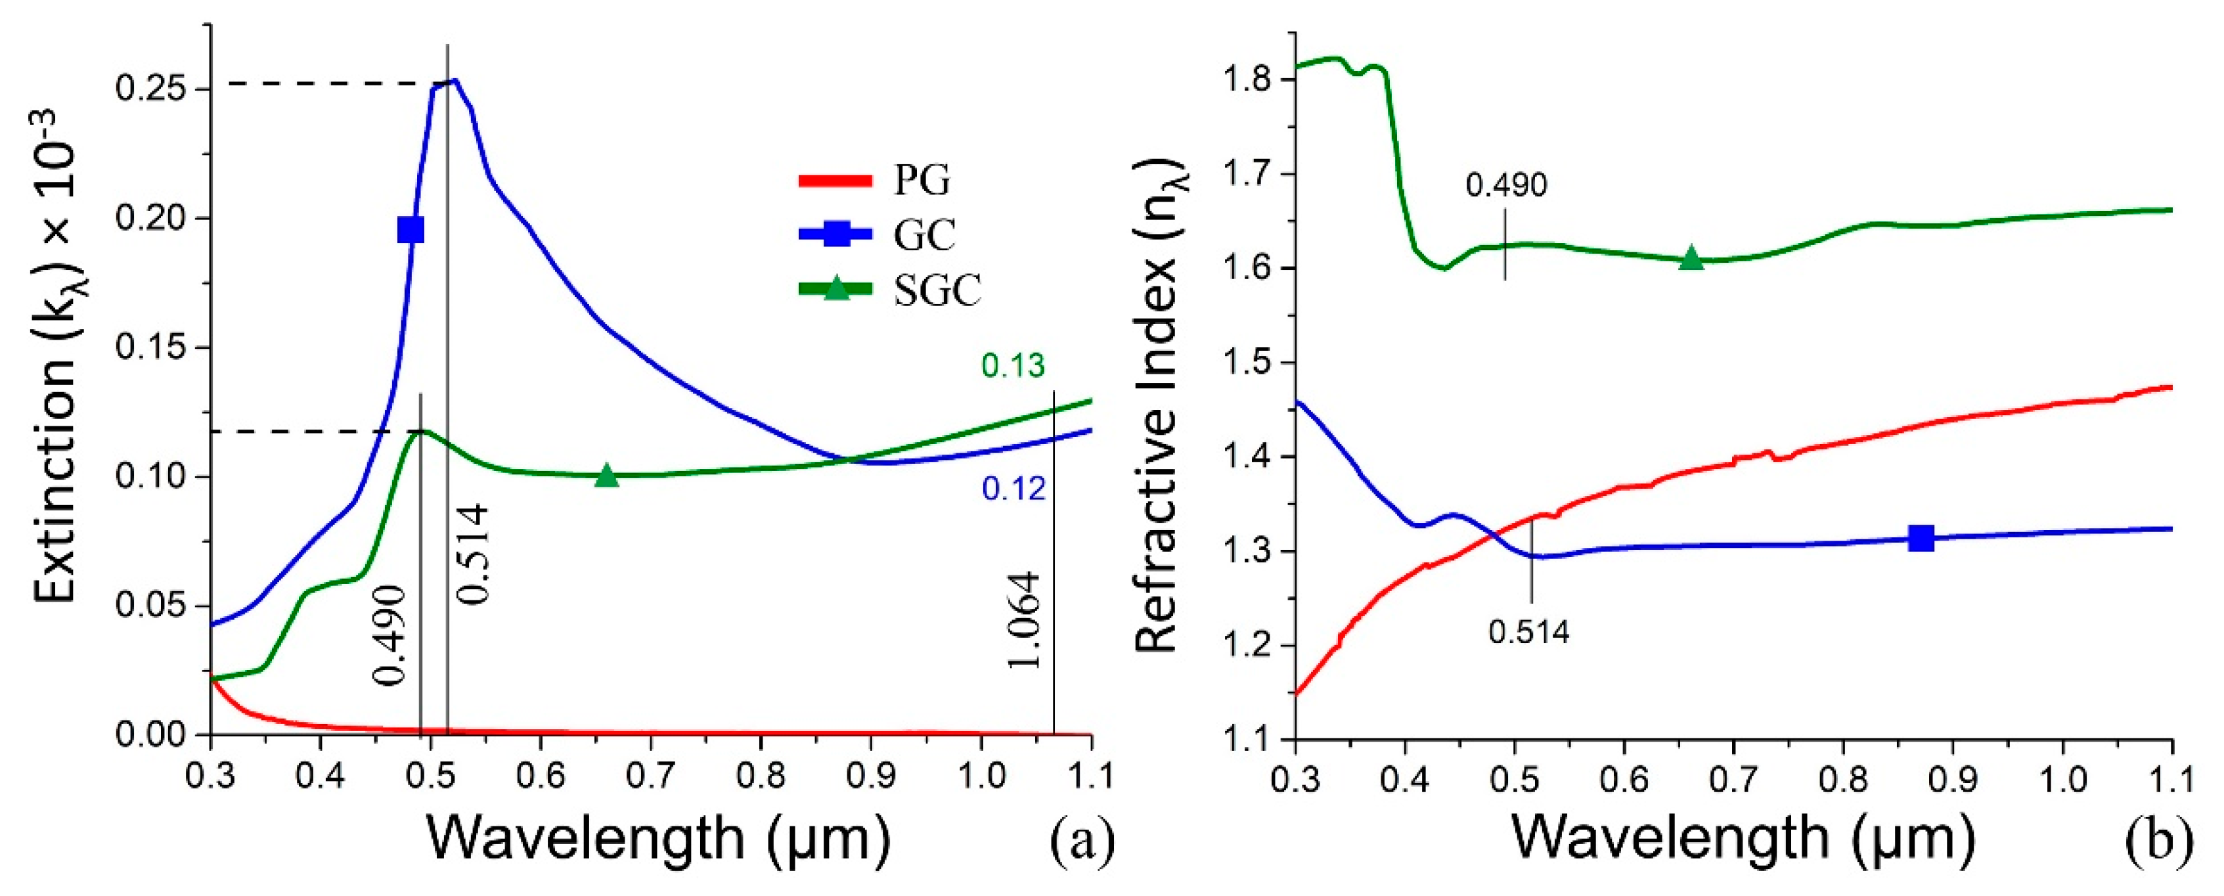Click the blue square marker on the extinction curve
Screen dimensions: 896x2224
(x=411, y=231)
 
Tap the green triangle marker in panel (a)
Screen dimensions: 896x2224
(x=607, y=476)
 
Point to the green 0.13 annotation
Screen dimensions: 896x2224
(x=1013, y=366)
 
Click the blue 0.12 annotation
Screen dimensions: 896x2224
(x=1013, y=489)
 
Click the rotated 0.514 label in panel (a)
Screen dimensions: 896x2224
(x=472, y=554)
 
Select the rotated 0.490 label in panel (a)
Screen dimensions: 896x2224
(x=389, y=635)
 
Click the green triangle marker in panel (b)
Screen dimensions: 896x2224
(x=1691, y=258)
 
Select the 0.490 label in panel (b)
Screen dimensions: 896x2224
(x=1507, y=185)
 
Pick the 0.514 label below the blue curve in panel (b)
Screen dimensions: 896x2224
(x=1529, y=632)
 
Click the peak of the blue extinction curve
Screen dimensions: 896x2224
(x=454, y=81)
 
